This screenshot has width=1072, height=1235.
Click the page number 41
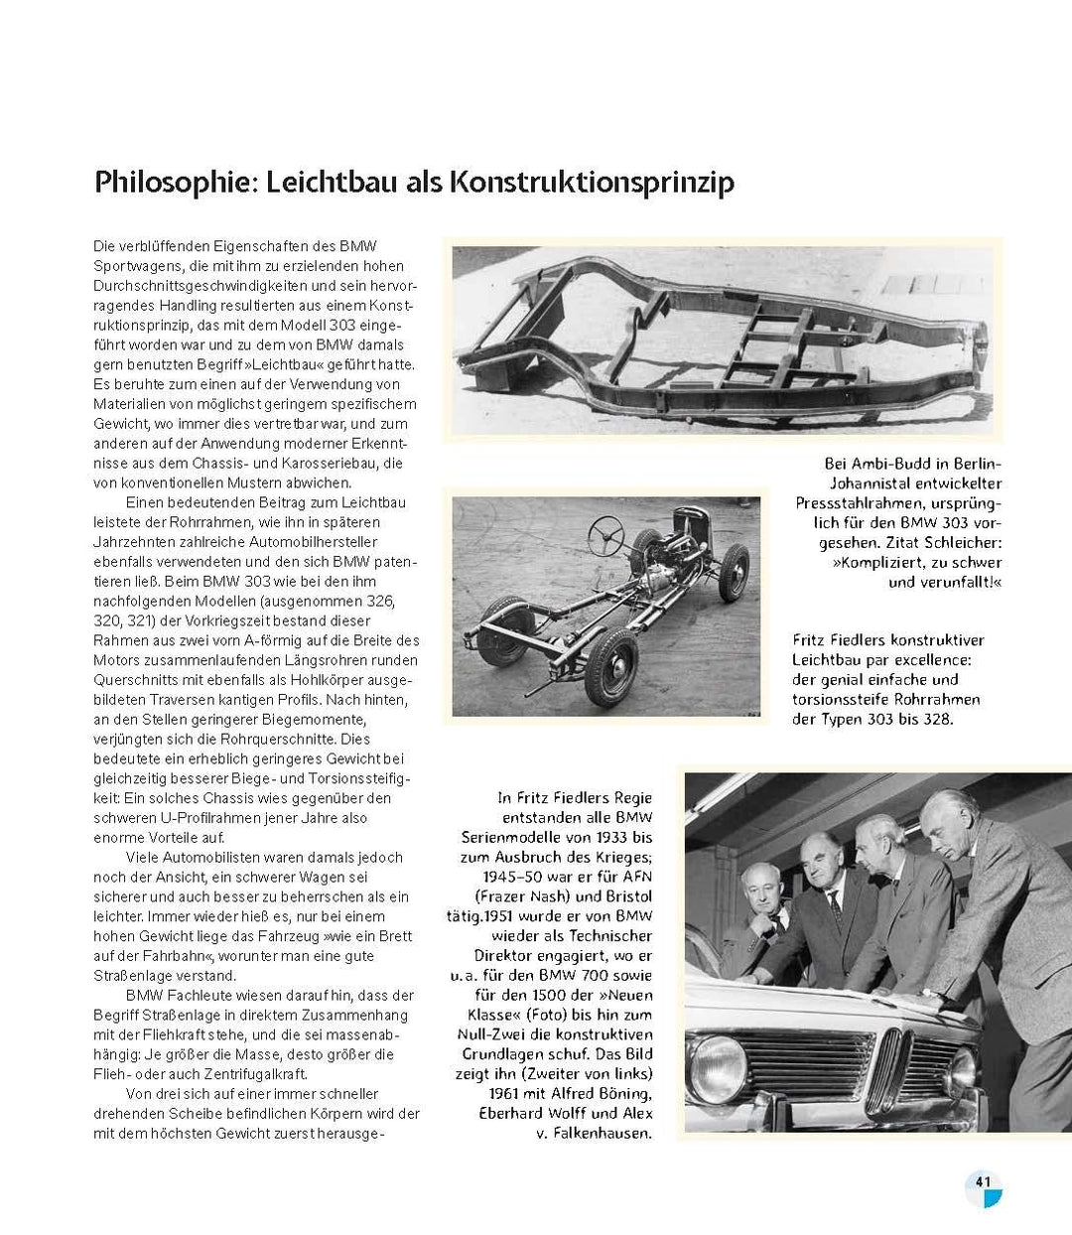pyautogui.click(x=984, y=1181)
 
